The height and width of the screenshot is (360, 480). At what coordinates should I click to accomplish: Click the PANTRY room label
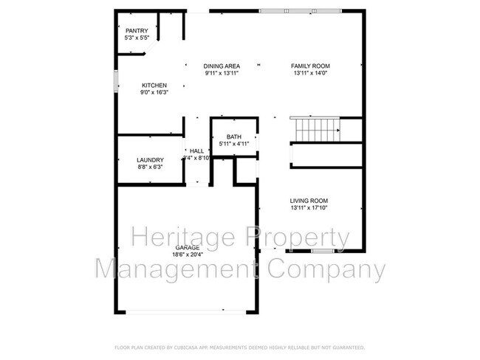pyautogui.click(x=137, y=30)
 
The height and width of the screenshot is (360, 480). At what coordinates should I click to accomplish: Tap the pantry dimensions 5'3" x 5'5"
pyautogui.click(x=137, y=37)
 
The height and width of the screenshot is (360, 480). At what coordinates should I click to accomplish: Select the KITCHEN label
pyautogui.click(x=154, y=85)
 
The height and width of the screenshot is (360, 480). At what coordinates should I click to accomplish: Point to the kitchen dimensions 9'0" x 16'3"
pyautogui.click(x=154, y=92)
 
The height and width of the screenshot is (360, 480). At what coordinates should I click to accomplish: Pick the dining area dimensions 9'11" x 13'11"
pyautogui.click(x=222, y=73)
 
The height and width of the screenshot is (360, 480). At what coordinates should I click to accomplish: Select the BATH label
pyautogui.click(x=234, y=137)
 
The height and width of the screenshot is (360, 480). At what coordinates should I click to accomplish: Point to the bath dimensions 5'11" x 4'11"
pyautogui.click(x=234, y=144)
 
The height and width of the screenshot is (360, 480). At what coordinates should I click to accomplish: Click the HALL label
pyautogui.click(x=196, y=150)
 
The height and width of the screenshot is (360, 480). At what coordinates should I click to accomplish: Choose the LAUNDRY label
pyautogui.click(x=150, y=160)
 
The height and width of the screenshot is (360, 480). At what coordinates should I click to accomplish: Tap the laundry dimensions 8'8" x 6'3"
pyautogui.click(x=150, y=167)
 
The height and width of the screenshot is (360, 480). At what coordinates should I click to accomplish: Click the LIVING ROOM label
pyautogui.click(x=309, y=201)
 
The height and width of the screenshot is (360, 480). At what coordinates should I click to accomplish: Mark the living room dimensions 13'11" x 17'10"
pyautogui.click(x=309, y=208)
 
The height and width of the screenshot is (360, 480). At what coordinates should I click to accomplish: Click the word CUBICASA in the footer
pyautogui.click(x=192, y=347)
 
